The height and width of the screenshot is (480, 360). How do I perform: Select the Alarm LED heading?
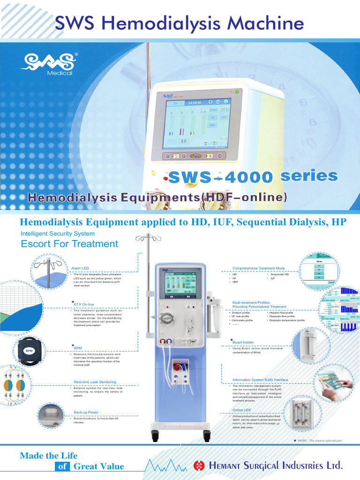pyautogui.click(x=80, y=268)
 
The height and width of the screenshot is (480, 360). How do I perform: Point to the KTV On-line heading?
pyautogui.click(x=85, y=304)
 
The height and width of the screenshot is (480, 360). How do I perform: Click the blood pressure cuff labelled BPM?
pyautogui.click(x=30, y=350)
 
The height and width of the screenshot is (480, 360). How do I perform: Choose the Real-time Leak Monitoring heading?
pyautogui.click(x=95, y=382)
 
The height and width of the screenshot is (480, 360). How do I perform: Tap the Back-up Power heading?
pyautogui.click(x=86, y=412)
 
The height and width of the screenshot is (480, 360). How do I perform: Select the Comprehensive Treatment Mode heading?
pyautogui.click(x=259, y=268)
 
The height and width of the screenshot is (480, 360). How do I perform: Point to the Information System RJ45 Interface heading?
pyautogui.click(x=260, y=380)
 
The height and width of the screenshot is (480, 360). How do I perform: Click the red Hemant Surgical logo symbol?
pyautogui.click(x=199, y=465)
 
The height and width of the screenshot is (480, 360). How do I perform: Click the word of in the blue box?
pyautogui.click(x=62, y=466)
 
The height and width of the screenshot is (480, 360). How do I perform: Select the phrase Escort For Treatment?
pyautogui.click(x=69, y=244)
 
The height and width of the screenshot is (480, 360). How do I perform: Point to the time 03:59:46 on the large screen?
pyautogui.click(x=195, y=102)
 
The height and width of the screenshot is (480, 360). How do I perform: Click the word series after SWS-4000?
pyautogui.click(x=309, y=176)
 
